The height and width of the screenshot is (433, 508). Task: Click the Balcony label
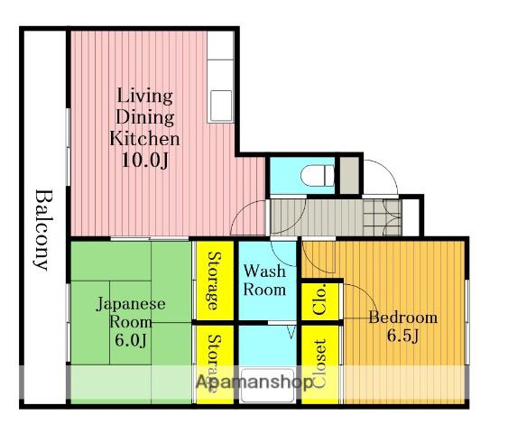click(43, 230)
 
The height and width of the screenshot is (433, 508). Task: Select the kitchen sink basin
click(221, 105)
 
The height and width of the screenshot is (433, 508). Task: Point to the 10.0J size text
click(145, 160)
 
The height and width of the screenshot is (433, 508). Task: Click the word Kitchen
click(144, 138)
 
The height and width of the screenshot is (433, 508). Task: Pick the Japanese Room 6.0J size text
click(131, 340)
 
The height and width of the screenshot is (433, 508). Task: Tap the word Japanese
click(131, 304)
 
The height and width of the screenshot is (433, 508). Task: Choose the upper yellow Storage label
click(215, 281)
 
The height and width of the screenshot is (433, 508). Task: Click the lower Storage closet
click(215, 364)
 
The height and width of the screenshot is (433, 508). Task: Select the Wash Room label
click(264, 281)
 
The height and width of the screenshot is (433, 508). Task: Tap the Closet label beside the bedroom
click(319, 364)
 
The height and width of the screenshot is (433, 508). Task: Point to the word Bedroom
click(403, 318)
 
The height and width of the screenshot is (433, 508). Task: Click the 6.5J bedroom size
click(403, 336)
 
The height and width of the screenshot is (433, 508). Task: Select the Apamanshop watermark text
click(254, 382)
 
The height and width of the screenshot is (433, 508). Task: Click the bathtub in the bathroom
click(268, 386)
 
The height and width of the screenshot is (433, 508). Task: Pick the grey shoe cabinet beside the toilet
click(349, 175)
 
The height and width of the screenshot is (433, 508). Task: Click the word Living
click(144, 96)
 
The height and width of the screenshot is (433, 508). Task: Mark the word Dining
click(144, 117)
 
